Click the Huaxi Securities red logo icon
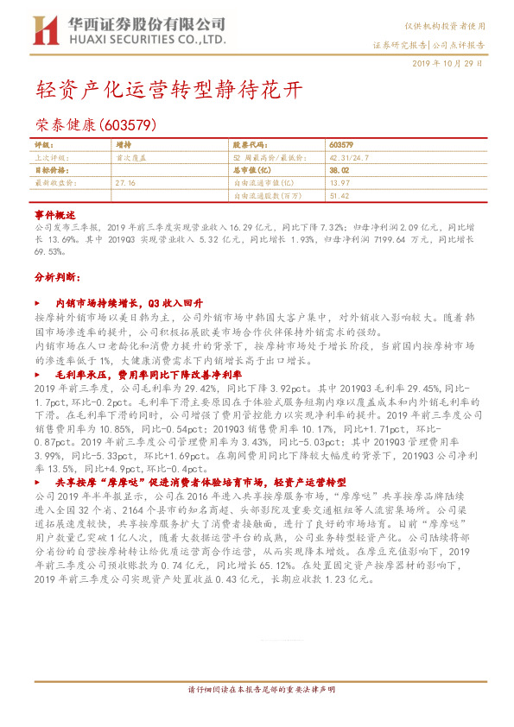pos(43,30)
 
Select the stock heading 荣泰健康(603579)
pos(95,124)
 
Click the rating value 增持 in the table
pos(124,146)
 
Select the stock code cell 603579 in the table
pos(341,146)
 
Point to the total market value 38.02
pos(339,171)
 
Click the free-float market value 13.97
pos(339,183)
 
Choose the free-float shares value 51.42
pos(339,196)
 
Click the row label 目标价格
pos(51,171)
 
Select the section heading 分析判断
pos(56,278)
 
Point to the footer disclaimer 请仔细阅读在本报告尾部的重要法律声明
pos(261,691)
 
